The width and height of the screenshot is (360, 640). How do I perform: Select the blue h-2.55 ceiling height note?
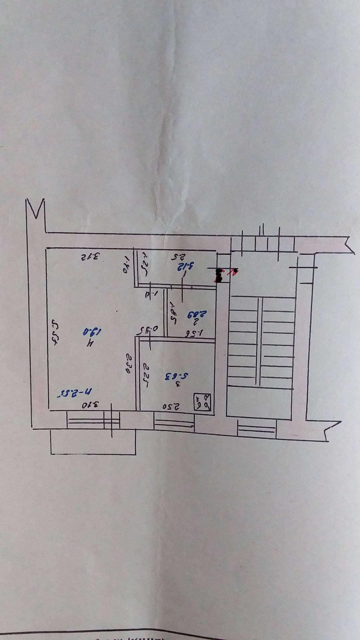click(77, 391)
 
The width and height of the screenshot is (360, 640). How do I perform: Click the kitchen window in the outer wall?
click(174, 422)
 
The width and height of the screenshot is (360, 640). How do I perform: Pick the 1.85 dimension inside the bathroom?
click(173, 310)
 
